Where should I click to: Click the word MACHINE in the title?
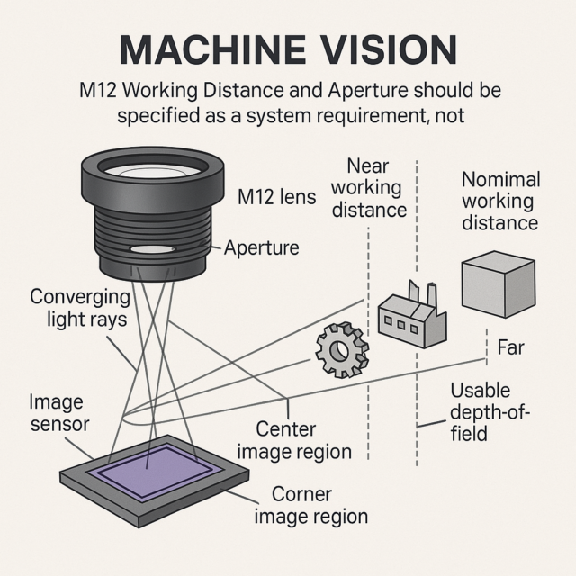tap(212, 50)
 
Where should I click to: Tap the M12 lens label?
tap(276, 197)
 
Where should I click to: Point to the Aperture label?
tap(262, 247)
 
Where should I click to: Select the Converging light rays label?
tap(80, 308)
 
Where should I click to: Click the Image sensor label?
tap(58, 412)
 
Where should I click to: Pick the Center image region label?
tap(294, 440)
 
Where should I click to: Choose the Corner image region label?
tap(310, 505)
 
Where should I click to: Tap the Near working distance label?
tap(369, 188)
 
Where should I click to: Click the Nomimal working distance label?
tap(500, 201)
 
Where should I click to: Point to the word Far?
tap(510, 347)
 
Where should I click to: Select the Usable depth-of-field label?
tap(490, 412)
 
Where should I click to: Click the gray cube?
tap(499, 284)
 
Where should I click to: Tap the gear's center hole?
tap(339, 350)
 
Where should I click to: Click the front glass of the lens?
tap(150, 170)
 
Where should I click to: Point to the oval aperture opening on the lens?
tap(151, 249)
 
